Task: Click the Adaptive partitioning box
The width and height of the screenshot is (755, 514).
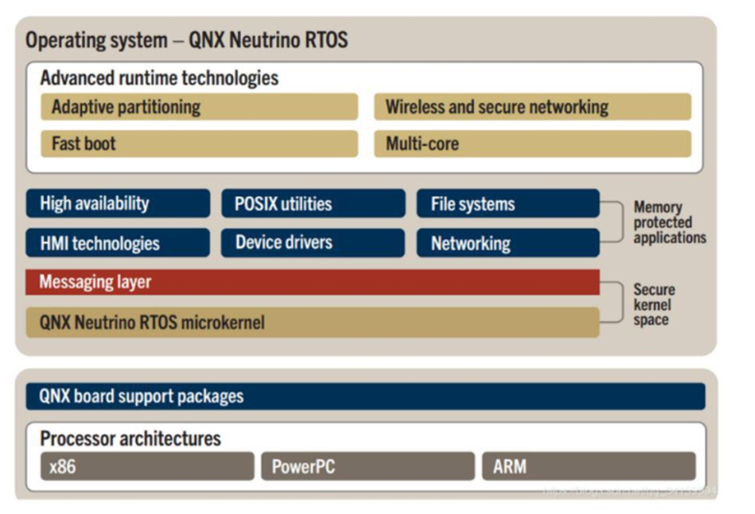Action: point(199,108)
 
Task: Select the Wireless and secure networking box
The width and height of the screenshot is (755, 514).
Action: point(532,108)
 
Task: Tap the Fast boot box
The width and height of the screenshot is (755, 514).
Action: point(199,143)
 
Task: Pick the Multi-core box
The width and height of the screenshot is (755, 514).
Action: point(532,143)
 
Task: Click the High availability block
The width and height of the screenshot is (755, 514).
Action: point(118,204)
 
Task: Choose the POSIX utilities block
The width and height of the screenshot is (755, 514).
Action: point(313,204)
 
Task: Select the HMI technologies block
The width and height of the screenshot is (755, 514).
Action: point(118,243)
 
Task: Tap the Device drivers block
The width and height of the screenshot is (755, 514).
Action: point(313,242)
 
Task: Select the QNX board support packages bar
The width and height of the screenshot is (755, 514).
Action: point(365,396)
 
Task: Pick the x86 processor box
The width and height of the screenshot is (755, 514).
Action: point(147,466)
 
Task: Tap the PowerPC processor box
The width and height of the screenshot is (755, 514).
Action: point(367,466)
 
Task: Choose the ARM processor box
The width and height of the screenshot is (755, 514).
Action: point(588,466)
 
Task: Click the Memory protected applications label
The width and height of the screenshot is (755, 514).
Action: point(669,222)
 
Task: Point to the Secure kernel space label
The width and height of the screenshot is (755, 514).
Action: point(654,304)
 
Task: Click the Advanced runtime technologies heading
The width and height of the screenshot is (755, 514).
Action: point(159,78)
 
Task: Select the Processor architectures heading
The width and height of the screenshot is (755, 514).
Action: point(130,438)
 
